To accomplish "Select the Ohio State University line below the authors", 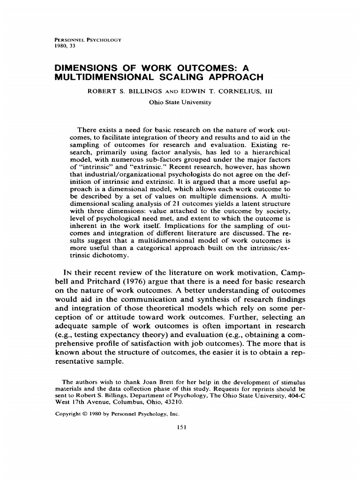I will coord(180,103).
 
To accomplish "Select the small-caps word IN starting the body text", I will coord(68,273).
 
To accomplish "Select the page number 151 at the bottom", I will coord(180,427).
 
